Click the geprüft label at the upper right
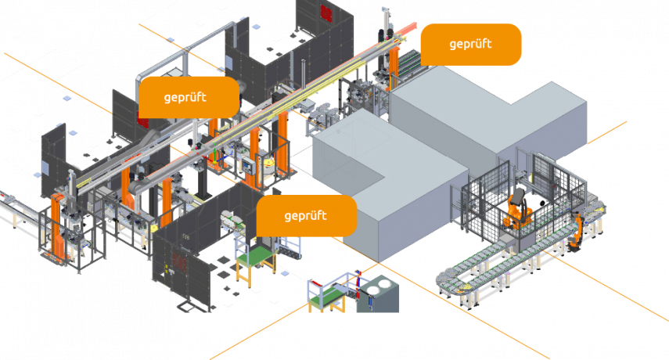pos(470,44)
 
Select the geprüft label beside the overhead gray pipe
pos(188,97)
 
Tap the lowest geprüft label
pos(306,215)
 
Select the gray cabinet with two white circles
pos(383,294)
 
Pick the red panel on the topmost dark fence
pos(327,11)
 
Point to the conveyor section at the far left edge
pos(12,209)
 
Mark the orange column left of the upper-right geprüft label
pos(394,66)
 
